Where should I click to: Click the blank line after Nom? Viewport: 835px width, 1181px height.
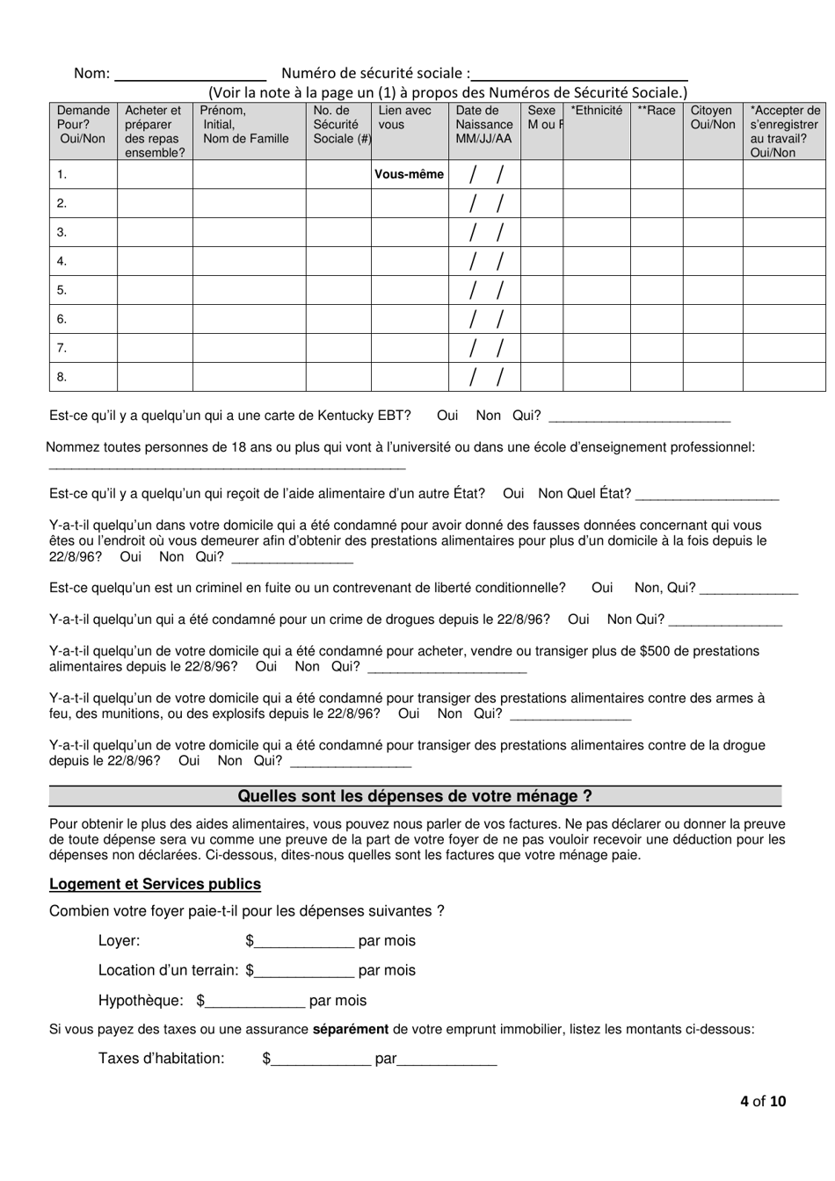(191, 75)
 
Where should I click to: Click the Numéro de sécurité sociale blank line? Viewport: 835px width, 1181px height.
(580, 75)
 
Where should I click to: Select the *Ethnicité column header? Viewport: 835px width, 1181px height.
(596, 111)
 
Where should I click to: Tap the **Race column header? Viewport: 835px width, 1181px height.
(656, 111)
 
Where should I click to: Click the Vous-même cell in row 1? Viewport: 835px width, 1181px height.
(410, 174)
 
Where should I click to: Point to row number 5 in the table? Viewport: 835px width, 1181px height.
(62, 290)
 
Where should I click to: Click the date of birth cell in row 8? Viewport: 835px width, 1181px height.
(484, 377)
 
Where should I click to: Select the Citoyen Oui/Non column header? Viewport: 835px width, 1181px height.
(712, 118)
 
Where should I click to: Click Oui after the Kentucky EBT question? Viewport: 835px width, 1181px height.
(447, 416)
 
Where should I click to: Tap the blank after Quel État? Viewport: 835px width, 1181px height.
(707, 495)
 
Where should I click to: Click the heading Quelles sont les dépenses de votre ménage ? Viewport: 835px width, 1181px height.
(415, 796)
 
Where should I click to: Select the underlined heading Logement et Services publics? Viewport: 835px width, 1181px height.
(155, 884)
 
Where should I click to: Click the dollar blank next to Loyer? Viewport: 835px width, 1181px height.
(303, 941)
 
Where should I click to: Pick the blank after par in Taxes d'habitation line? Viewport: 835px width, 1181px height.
(447, 1059)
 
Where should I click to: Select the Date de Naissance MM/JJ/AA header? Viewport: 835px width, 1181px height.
(483, 125)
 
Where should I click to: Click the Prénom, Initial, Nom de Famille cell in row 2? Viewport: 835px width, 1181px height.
(249, 203)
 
